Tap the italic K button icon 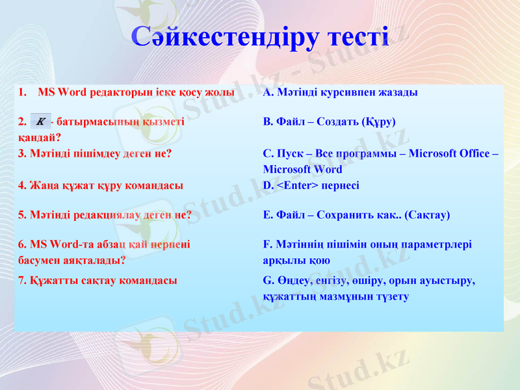[x=41, y=121]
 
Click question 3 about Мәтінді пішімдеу [x=95, y=154]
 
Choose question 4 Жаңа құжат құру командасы [x=101, y=185]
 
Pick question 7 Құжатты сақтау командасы [x=97, y=281]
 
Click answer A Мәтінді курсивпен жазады [x=340, y=92]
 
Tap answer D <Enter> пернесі [x=311, y=185]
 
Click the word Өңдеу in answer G [x=293, y=281]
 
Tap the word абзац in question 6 [x=100, y=245]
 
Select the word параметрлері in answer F [x=441, y=245]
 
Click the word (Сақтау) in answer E [x=427, y=214]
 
